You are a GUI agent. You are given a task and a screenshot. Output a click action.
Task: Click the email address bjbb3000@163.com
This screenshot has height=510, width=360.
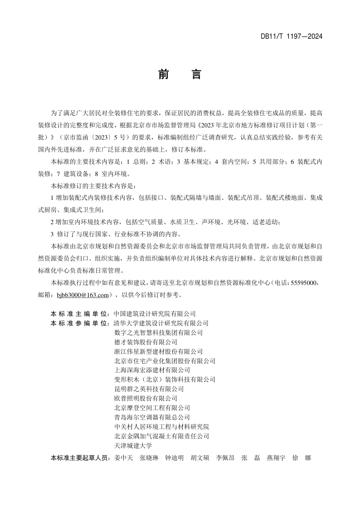[83, 295]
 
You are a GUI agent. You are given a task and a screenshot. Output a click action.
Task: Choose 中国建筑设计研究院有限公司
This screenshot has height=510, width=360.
[155, 313]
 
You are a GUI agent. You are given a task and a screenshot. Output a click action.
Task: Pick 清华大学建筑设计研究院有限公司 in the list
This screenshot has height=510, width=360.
[162, 323]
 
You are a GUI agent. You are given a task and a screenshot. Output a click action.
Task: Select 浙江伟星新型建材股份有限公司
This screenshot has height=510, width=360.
[158, 351]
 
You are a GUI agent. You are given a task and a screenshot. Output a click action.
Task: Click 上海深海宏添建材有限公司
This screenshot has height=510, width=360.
[152, 370]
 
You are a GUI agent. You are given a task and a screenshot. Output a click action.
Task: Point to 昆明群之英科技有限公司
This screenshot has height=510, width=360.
[149, 389]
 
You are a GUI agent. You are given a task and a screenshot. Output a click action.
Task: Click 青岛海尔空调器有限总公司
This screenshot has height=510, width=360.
[152, 417]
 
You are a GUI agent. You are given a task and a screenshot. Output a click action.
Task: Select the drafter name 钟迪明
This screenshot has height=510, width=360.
[174, 458]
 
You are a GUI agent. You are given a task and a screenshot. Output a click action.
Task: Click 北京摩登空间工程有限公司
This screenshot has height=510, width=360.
[152, 408]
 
